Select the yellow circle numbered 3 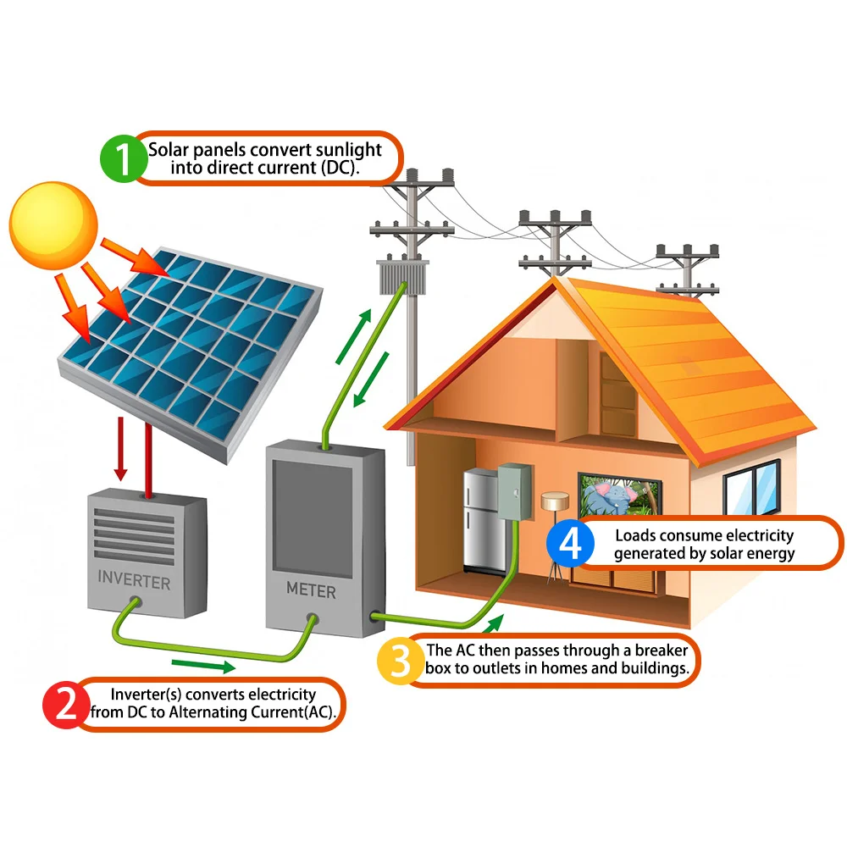(401, 662)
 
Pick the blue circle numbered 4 (571, 544)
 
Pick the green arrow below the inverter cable (202, 666)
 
